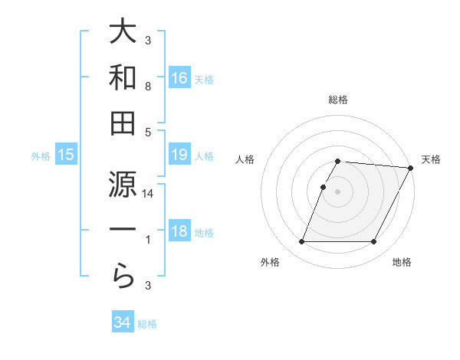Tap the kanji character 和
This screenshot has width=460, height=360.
(x=123, y=77)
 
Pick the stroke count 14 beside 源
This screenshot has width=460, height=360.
(x=148, y=195)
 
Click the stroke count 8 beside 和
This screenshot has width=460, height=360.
(x=148, y=87)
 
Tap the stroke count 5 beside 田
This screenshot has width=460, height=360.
(x=148, y=132)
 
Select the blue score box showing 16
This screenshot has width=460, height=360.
(x=179, y=77)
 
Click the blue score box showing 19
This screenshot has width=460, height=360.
(x=179, y=155)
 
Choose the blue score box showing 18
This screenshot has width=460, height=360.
(x=179, y=232)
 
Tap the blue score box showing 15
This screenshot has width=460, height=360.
(x=66, y=155)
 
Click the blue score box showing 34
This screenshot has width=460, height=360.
(x=123, y=322)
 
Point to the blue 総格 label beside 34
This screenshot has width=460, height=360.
(x=147, y=324)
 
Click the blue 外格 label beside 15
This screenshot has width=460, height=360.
(x=41, y=156)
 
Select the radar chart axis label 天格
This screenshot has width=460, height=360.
(x=431, y=159)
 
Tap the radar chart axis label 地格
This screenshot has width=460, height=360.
(x=402, y=262)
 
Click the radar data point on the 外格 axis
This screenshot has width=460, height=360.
(x=301, y=242)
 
